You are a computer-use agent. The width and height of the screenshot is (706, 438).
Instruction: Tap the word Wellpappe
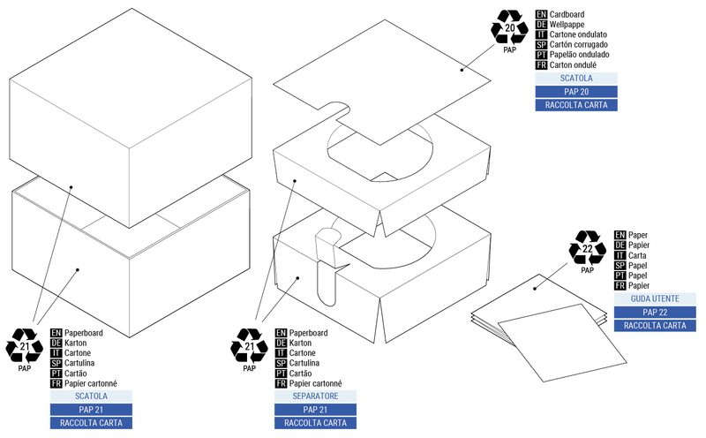coord(570,26)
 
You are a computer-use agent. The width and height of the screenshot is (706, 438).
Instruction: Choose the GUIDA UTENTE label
coord(655,299)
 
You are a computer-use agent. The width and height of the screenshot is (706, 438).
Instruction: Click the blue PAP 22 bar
coord(655,313)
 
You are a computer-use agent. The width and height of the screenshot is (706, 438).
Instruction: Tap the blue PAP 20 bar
coord(575,92)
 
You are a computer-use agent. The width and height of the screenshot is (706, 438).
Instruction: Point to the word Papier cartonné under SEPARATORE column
coord(315,383)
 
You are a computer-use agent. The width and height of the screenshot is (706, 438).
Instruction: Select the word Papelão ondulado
coord(583,54)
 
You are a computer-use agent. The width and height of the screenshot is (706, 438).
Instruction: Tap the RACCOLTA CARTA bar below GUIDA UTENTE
coord(655,326)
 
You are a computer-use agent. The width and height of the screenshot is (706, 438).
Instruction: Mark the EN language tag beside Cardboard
coord(541,15)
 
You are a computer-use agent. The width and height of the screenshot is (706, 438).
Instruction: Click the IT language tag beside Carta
coord(620,255)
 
